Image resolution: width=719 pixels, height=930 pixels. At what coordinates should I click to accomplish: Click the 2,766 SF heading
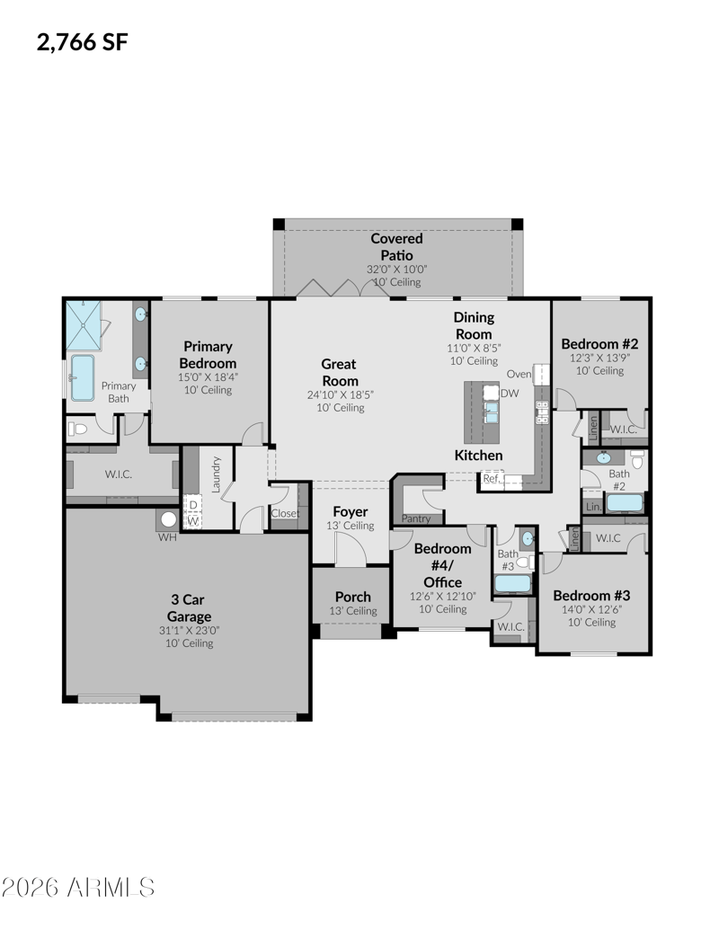(83, 42)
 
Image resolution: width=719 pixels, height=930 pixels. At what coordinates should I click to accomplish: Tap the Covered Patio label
(397, 247)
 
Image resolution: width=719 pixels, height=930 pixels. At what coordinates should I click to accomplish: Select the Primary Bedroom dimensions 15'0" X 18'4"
(208, 376)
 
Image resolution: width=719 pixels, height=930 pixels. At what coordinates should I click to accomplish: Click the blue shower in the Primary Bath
(83, 325)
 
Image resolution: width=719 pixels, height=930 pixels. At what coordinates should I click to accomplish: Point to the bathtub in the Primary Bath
(83, 377)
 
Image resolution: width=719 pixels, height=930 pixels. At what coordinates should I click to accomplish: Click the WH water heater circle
(168, 519)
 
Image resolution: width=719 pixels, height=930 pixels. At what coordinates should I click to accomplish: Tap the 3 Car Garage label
(189, 608)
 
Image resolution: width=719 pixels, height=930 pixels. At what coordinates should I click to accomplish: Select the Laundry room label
(216, 474)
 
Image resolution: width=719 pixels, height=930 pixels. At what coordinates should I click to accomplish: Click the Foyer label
(350, 511)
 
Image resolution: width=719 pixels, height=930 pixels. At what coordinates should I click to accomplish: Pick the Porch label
(353, 597)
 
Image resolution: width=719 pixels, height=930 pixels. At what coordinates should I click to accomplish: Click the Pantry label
(416, 518)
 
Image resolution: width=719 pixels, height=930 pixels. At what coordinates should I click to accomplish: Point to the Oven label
(519, 374)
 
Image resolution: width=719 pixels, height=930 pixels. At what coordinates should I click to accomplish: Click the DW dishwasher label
(510, 393)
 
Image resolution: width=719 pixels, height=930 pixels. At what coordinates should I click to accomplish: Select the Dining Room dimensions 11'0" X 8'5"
(474, 348)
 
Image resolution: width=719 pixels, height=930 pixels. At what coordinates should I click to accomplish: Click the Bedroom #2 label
(599, 344)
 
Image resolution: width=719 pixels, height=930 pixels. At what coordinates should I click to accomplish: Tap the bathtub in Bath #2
(625, 503)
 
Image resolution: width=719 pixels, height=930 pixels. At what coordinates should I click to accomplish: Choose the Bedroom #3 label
(591, 596)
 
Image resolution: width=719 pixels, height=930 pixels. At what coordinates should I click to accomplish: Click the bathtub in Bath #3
(513, 584)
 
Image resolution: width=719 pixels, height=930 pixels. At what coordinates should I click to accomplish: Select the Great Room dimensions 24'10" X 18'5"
(341, 394)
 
